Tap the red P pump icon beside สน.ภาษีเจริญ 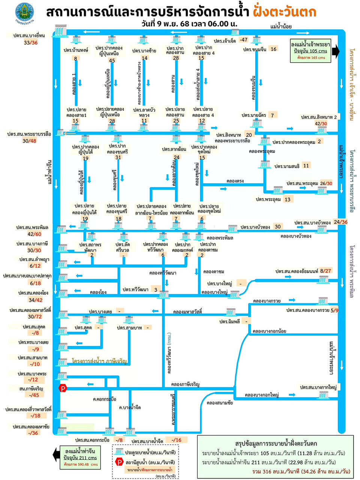[x=63, y=388]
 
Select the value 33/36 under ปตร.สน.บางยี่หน [x=31, y=43]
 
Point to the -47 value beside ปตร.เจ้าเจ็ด [x=244, y=40]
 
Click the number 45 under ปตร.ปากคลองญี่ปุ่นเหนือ [x=112, y=60]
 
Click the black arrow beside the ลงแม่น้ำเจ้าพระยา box [x=336, y=51]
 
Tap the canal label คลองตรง [x=235, y=181]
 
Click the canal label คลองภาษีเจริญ [x=185, y=384]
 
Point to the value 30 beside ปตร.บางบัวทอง [x=277, y=226]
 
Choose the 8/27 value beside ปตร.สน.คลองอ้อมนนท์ [x=325, y=271]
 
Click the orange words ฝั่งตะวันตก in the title [x=284, y=12]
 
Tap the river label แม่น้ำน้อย [x=281, y=27]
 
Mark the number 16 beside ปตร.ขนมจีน [x=273, y=49]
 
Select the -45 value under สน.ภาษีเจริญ [x=34, y=395]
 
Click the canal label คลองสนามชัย [x=220, y=403]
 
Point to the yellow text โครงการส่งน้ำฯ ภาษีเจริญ [x=99, y=361]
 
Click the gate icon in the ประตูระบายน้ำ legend [x=120, y=452]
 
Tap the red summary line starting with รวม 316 [x=301, y=471]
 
